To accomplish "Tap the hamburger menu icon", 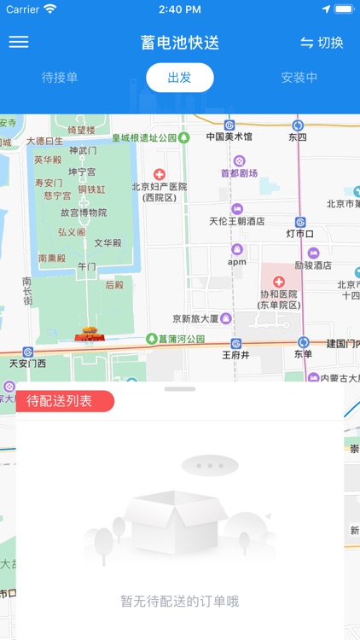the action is tap(19, 42).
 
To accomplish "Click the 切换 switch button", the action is tap(322, 43).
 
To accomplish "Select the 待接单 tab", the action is tap(60, 78).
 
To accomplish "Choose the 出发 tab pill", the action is tap(179, 78).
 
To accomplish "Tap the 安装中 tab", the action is tap(299, 78).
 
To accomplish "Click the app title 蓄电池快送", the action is tap(180, 43).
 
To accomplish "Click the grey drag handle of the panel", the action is tap(180, 389).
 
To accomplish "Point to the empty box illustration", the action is tap(180, 521).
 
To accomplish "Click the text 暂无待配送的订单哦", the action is tap(180, 601).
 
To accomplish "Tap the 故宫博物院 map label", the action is tap(84, 212).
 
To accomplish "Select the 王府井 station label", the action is tap(235, 355).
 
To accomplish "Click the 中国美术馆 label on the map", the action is tap(229, 137).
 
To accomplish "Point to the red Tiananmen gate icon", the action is tap(88, 331).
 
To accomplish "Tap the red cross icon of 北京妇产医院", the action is tap(159, 174).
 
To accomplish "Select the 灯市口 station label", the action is tap(300, 233).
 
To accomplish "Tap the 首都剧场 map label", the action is tap(239, 172).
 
